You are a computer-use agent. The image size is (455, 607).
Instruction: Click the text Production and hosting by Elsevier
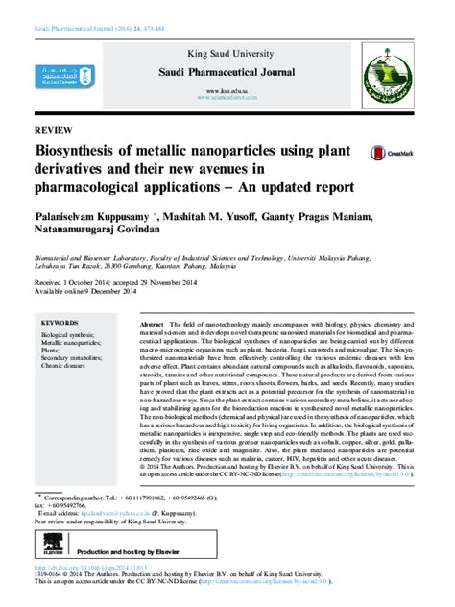(x=134, y=554)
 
